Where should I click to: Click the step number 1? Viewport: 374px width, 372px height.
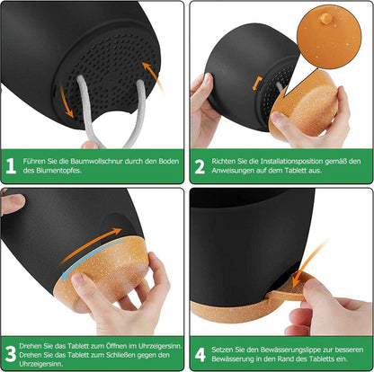[x=11, y=166]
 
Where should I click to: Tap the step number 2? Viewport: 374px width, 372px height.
[x=200, y=166]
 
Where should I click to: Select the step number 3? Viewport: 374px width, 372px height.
[x=11, y=354]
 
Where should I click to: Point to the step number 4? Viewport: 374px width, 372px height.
[x=200, y=354]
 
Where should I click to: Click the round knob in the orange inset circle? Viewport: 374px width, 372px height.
[x=325, y=18]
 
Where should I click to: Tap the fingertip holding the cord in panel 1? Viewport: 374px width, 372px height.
[x=89, y=146]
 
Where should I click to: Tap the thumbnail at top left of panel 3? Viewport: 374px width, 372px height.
[x=15, y=199]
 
